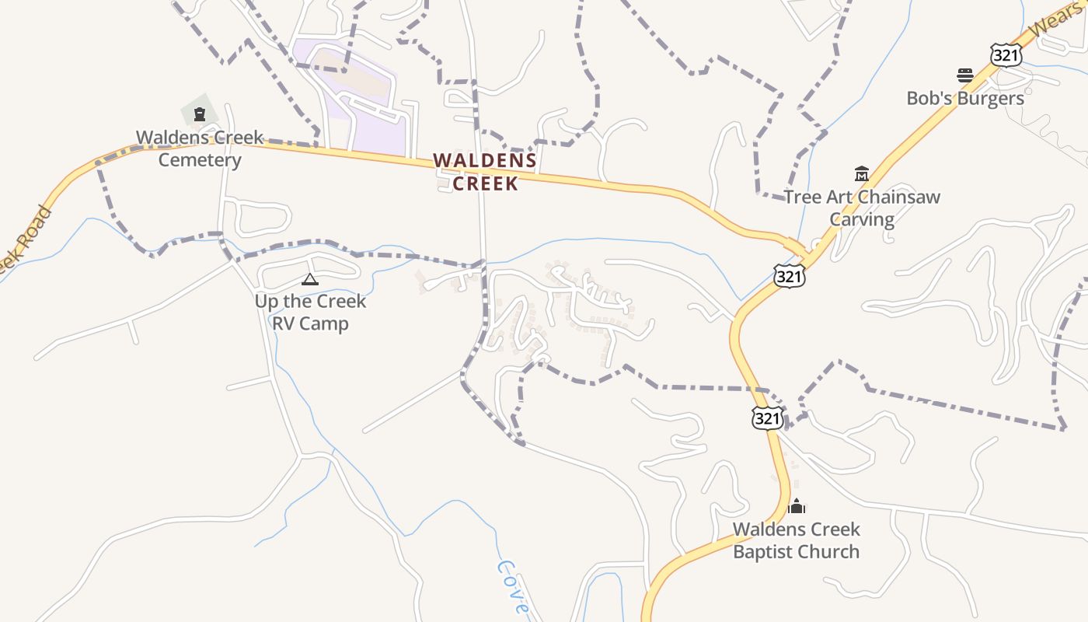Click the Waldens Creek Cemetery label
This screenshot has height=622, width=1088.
[200, 149]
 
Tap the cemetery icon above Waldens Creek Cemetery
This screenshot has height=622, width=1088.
[200, 115]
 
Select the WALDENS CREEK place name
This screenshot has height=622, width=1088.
[485, 172]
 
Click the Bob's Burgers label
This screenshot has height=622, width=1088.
[965, 99]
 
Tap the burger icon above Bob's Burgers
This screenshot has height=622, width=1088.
[965, 75]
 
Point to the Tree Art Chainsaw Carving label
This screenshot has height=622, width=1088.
[861, 208]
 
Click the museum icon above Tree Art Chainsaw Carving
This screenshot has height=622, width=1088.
[861, 173]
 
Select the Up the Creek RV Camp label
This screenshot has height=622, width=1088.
[310, 312]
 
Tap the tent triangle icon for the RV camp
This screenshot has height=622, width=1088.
[310, 279]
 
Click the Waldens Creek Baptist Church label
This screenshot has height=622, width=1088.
[796, 540]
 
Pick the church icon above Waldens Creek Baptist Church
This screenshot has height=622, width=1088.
[796, 507]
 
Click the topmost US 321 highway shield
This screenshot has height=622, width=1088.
[1006, 54]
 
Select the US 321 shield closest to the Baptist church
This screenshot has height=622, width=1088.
[766, 418]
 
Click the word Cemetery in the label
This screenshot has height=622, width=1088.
[200, 160]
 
